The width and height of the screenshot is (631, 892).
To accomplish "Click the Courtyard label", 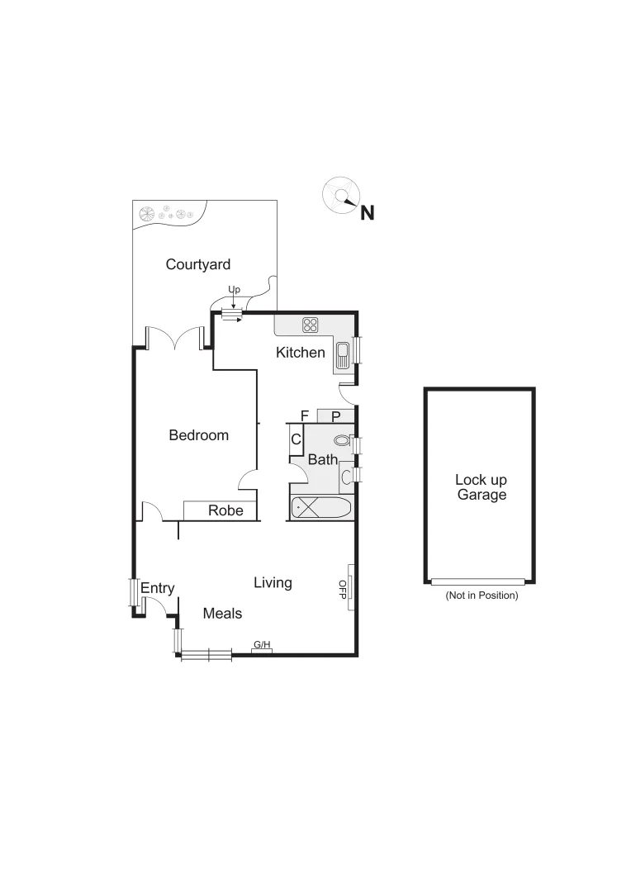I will pyautogui.click(x=197, y=264).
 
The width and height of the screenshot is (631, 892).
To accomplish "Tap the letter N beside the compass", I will pyautogui.click(x=368, y=213).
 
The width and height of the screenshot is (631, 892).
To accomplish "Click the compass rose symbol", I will pyautogui.click(x=339, y=196).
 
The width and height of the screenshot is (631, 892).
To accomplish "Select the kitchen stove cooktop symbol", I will pyautogui.click(x=311, y=325).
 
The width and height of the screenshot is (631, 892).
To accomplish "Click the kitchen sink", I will pyautogui.click(x=342, y=356).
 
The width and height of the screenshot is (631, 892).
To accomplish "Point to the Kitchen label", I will pyautogui.click(x=301, y=353).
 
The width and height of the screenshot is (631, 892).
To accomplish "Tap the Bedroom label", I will pyautogui.click(x=198, y=435).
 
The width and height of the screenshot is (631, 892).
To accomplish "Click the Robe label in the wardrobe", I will pyautogui.click(x=225, y=510).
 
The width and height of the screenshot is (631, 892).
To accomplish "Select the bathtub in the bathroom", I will pyautogui.click(x=321, y=508).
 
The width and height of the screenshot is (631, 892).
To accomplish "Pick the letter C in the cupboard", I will pyautogui.click(x=296, y=440).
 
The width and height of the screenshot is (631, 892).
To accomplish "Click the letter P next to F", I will pyautogui.click(x=335, y=415).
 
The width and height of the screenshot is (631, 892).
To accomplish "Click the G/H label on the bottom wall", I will pyautogui.click(x=262, y=644).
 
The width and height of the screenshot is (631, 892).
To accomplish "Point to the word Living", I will pyautogui.click(x=273, y=583).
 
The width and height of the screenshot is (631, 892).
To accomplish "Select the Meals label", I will pyautogui.click(x=222, y=614).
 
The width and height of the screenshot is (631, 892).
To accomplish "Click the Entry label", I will pyautogui.click(x=157, y=588).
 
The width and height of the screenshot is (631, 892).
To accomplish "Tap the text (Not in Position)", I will pyautogui.click(x=481, y=595).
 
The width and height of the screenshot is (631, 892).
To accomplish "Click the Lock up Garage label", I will pyautogui.click(x=481, y=487).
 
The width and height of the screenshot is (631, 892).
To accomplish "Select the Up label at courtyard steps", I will pyautogui.click(x=234, y=290).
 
